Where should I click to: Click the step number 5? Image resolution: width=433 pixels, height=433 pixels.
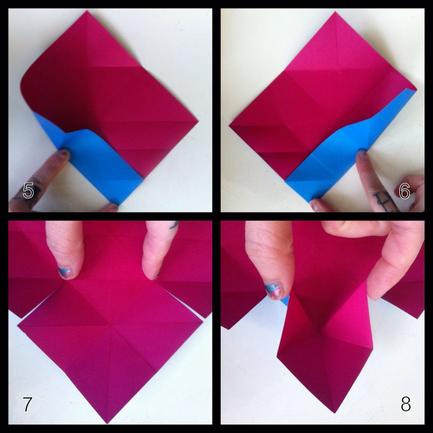click(x=28, y=191)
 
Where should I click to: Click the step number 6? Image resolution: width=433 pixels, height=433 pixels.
click(x=404, y=191)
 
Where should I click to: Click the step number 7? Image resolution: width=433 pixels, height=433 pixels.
click(x=27, y=404)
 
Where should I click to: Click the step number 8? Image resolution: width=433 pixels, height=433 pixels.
click(x=406, y=404)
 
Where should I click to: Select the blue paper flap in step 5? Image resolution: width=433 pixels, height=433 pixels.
click(x=102, y=163)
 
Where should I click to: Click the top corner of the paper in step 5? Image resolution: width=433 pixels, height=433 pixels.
click(x=87, y=12)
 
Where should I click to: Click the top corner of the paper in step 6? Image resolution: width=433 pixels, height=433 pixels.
click(x=335, y=13)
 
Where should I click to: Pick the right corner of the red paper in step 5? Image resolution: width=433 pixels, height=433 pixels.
click(x=197, y=120)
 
